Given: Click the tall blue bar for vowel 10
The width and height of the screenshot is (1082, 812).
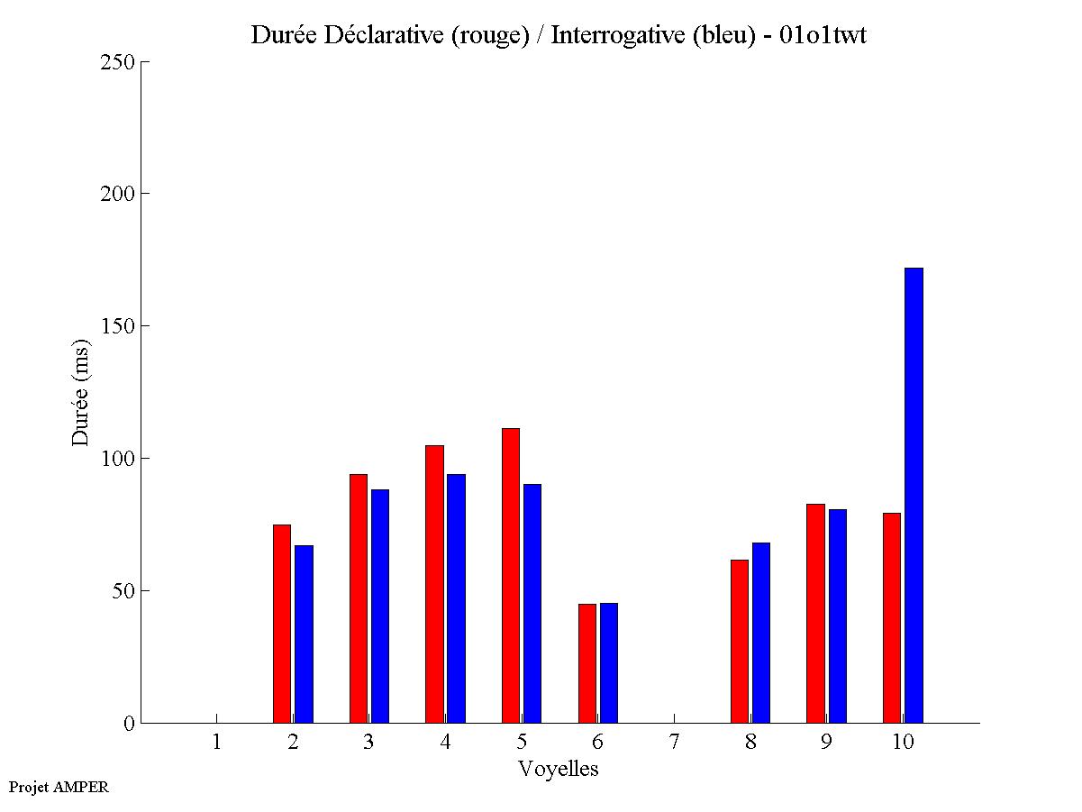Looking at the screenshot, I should click(x=914, y=495).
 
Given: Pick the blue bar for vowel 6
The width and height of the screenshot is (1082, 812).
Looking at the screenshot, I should click(x=609, y=662).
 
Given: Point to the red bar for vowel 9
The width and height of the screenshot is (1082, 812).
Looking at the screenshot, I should click(x=815, y=613).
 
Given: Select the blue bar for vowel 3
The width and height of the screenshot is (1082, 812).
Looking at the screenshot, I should click(x=380, y=606).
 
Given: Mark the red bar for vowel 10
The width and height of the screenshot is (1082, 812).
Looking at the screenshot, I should click(x=892, y=617).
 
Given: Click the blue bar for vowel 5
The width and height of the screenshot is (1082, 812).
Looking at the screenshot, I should click(x=532, y=603).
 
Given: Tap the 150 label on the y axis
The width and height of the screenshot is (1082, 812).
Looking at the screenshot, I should click(x=117, y=326).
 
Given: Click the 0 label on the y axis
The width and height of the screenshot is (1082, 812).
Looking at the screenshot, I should click(x=129, y=724).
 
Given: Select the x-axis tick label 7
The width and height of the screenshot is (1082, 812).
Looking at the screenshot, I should click(x=674, y=743).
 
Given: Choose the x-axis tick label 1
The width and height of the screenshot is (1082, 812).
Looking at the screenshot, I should click(x=216, y=743).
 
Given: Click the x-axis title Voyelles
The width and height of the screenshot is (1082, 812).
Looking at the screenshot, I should click(x=558, y=769).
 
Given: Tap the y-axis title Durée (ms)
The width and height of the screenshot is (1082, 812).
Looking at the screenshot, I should click(x=81, y=392).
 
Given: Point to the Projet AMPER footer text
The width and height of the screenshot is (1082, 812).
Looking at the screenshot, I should click(x=59, y=787).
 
